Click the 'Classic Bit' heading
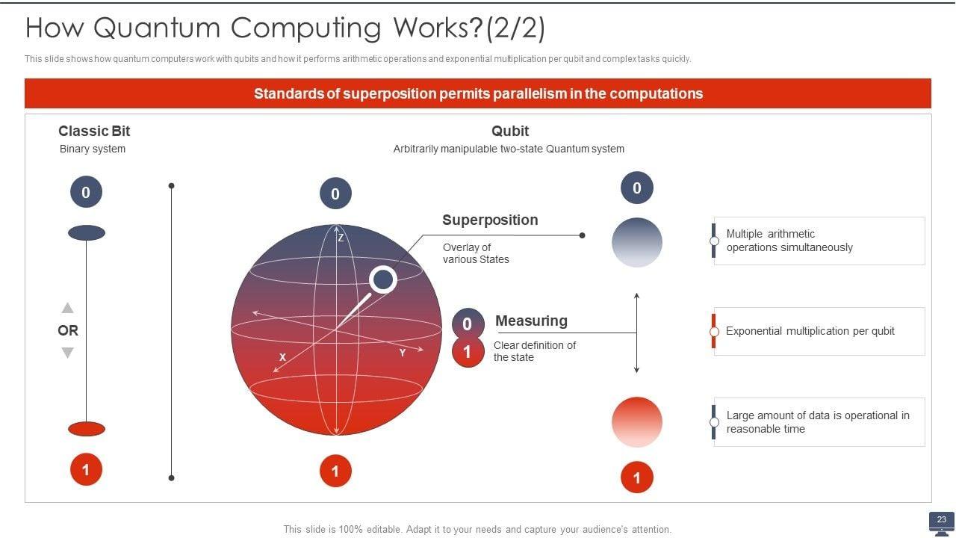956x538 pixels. point(94,132)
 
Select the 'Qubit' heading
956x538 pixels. point(510,132)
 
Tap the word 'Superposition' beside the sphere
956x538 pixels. point(490,220)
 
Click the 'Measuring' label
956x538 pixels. point(531,321)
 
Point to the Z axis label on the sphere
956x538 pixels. point(341,238)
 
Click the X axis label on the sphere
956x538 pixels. point(282,358)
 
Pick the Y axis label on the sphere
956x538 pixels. point(403,353)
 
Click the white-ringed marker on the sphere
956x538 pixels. point(383,279)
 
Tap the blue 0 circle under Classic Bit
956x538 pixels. point(86,193)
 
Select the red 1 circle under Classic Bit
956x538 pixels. point(86,470)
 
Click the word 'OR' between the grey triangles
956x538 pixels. point(68,330)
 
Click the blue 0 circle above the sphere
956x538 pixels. point(335,194)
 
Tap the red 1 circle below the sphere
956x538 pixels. point(335,471)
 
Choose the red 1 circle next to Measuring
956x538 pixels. point(468,352)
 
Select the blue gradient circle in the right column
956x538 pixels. point(637,242)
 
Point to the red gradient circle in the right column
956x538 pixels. point(637,422)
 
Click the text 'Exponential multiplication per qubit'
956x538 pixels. point(810,331)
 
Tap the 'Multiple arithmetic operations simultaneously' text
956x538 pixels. point(789,241)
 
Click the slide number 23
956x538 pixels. point(941,519)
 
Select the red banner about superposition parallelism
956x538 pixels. point(478,94)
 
